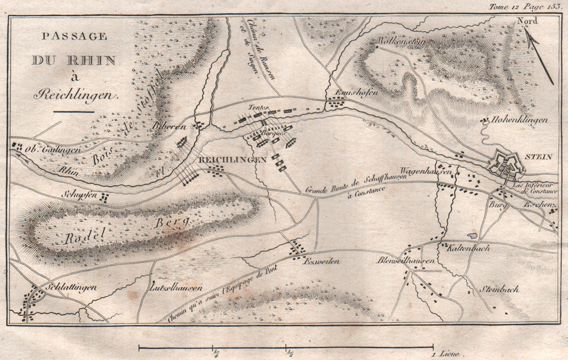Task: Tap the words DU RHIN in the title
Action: point(73,60)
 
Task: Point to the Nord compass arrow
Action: point(538,54)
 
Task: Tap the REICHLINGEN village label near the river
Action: point(232,160)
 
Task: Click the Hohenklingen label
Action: point(521,121)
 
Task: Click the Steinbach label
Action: point(499,288)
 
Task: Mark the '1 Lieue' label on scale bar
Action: point(448,353)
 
